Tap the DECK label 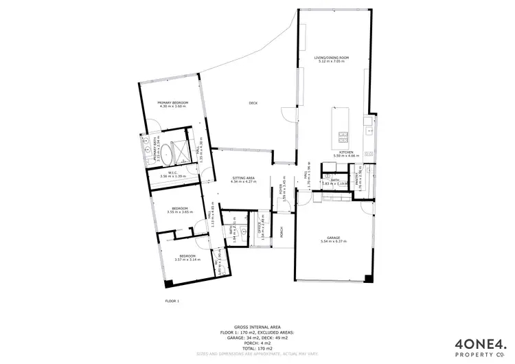pyautogui.click(x=253, y=103)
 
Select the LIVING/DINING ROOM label pyautogui.click(x=332, y=58)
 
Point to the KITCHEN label pyautogui.click(x=346, y=152)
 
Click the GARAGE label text pyautogui.click(x=333, y=237)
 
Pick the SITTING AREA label pyautogui.click(x=244, y=177)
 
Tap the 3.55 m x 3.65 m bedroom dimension pyautogui.click(x=180, y=212)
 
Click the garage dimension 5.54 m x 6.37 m pyautogui.click(x=333, y=242)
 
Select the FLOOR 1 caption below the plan pyautogui.click(x=172, y=301)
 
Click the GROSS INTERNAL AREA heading pyautogui.click(x=257, y=328)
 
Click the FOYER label pyautogui.click(x=281, y=187)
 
